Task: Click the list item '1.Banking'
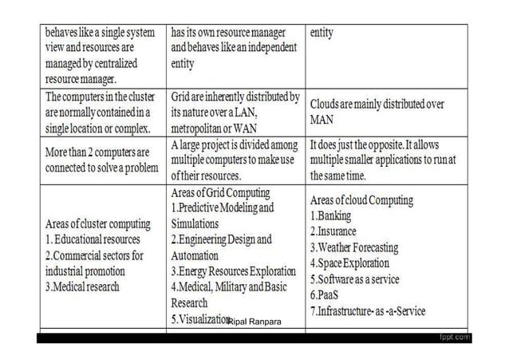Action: point(330,216)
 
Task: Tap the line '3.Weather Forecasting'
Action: point(353,247)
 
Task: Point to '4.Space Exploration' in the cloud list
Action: point(349,263)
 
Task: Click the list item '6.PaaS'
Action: point(325,295)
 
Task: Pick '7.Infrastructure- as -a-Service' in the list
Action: point(368,311)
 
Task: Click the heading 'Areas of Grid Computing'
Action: point(220,193)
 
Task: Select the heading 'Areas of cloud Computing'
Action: point(361,200)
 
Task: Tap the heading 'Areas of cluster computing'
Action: point(97,224)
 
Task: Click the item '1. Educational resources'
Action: point(93,239)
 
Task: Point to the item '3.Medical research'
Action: point(82,287)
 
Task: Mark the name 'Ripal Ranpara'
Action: point(254,322)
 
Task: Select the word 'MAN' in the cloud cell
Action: point(321,120)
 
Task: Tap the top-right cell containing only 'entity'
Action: point(322,34)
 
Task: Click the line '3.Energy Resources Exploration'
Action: point(233,271)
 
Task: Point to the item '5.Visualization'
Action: point(199,318)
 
